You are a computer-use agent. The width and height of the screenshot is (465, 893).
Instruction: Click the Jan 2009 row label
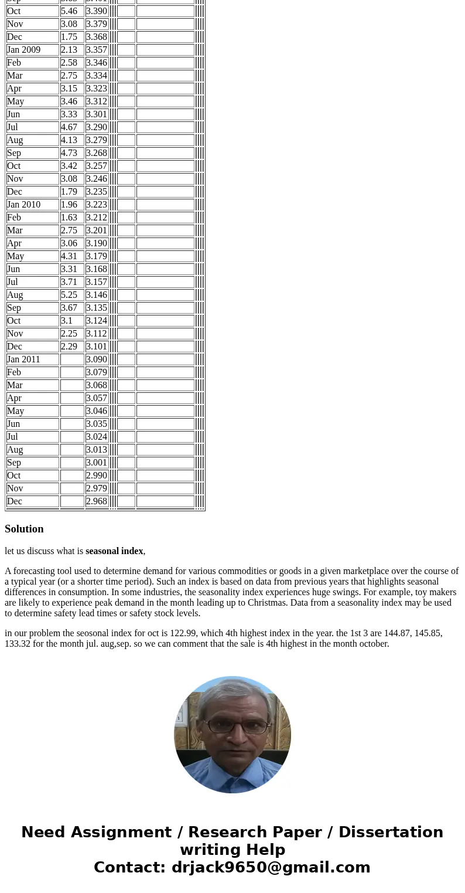[x=24, y=50]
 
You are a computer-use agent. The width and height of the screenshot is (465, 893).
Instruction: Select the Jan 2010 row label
[x=24, y=205]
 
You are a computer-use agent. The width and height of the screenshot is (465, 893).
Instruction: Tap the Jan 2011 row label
[x=24, y=359]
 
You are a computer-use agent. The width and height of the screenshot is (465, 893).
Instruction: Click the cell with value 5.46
[x=69, y=11]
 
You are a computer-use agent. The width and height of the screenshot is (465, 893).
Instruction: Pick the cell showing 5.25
[x=69, y=295]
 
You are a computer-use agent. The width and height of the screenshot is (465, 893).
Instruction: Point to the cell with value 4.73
[x=69, y=153]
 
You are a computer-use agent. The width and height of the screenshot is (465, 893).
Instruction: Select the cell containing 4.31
[x=69, y=256]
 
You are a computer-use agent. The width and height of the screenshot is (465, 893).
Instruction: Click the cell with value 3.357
[x=97, y=50]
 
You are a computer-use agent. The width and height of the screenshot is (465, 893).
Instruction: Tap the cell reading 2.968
[x=97, y=501]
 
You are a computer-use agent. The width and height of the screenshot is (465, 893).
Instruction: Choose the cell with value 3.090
[x=97, y=359]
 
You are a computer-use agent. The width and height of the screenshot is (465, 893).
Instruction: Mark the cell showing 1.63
[x=69, y=218]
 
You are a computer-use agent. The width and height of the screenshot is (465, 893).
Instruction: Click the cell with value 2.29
[x=69, y=347]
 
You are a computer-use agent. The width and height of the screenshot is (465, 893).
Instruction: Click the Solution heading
[x=24, y=529]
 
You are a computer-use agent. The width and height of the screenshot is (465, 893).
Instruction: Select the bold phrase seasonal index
[x=114, y=551]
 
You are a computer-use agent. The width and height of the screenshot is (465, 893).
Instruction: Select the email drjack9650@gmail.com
[x=271, y=867]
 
